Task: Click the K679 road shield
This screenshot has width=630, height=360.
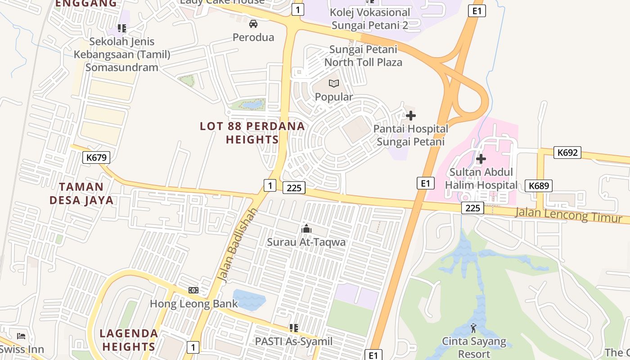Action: coord(96,157)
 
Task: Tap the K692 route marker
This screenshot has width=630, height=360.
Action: coord(567,153)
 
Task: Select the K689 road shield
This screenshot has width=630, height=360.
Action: coord(538,186)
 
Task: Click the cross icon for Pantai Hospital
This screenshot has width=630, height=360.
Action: coord(410,116)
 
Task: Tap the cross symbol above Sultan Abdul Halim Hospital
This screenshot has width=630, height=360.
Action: coord(481,159)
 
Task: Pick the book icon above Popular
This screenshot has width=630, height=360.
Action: coord(333,84)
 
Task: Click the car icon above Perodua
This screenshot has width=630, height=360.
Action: coord(253,24)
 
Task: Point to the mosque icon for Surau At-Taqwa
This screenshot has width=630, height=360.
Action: coord(306,229)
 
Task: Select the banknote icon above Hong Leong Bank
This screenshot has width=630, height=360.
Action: coord(193,290)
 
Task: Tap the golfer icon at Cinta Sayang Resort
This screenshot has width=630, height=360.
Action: coord(473,328)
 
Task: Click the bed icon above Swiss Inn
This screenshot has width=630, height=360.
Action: coord(21,336)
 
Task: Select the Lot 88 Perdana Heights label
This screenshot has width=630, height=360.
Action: coord(252,133)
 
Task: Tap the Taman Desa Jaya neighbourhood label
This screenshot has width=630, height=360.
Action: coord(81,193)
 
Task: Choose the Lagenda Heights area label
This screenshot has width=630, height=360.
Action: coord(128,340)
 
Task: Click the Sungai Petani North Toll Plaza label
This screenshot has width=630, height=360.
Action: coord(363,56)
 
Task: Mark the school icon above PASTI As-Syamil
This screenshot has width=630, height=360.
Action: coord(294,328)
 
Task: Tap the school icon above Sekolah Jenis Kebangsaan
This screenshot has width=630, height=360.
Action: coord(121,28)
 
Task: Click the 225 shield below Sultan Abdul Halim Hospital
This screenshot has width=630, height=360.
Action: coord(472,208)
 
